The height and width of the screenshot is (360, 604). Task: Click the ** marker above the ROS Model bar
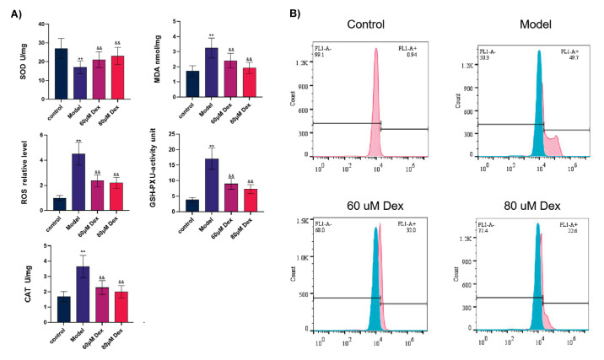78,142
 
